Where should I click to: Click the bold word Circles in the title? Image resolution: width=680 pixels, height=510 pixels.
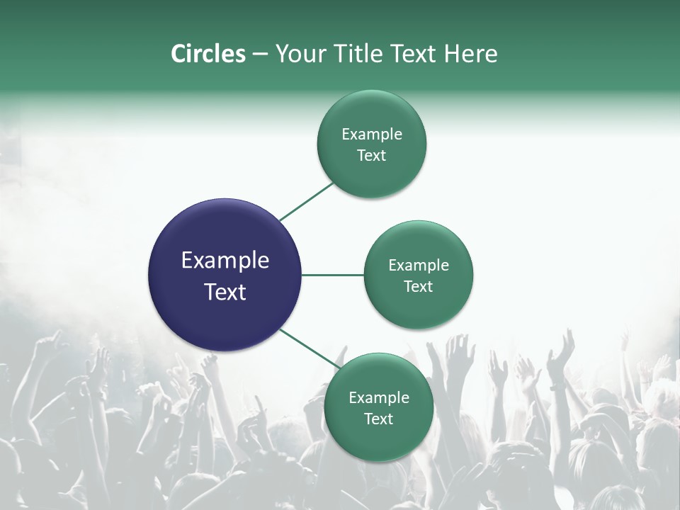[x=208, y=54]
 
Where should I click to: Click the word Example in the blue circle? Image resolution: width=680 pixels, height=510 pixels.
[x=225, y=261]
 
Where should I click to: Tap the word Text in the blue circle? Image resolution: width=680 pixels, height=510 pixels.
[x=225, y=292]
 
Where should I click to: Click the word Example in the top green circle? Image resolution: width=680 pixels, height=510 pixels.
[x=372, y=135]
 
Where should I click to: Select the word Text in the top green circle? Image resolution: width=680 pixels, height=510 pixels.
[x=372, y=156]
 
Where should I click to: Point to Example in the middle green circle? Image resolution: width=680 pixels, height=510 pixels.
[x=419, y=266]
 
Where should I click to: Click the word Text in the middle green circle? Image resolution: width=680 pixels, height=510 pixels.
[x=419, y=287]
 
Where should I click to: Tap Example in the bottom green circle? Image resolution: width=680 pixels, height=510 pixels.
[x=379, y=398]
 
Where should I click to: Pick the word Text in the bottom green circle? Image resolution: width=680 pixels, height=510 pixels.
[x=379, y=419]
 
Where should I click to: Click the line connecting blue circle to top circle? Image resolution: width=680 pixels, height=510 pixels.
[x=307, y=201]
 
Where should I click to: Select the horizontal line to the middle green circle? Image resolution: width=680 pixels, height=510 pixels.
[x=333, y=275]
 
